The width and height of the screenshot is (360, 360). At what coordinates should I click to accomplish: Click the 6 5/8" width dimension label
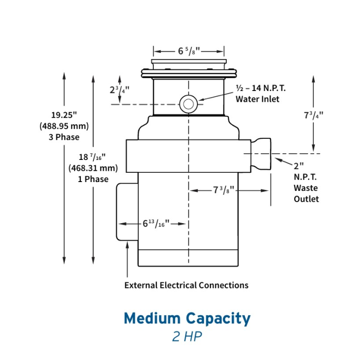[189, 51]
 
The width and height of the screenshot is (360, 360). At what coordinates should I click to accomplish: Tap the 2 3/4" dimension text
[119, 89]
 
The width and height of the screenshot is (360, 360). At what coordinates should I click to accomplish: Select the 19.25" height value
[64, 115]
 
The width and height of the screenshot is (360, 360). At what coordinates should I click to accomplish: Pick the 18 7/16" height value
[93, 157]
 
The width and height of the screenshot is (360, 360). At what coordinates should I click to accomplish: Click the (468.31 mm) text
[93, 168]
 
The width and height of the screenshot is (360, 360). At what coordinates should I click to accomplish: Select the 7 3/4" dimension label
[314, 116]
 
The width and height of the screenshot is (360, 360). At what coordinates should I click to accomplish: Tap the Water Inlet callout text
[257, 99]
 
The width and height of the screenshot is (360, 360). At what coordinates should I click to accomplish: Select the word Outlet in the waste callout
[307, 199]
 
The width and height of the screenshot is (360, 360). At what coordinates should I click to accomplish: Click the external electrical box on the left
[127, 211]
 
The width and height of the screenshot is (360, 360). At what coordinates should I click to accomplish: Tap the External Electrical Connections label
[186, 285]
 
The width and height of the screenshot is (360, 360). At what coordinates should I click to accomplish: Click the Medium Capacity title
[187, 318]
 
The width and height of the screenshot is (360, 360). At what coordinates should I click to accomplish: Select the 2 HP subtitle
[187, 336]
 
